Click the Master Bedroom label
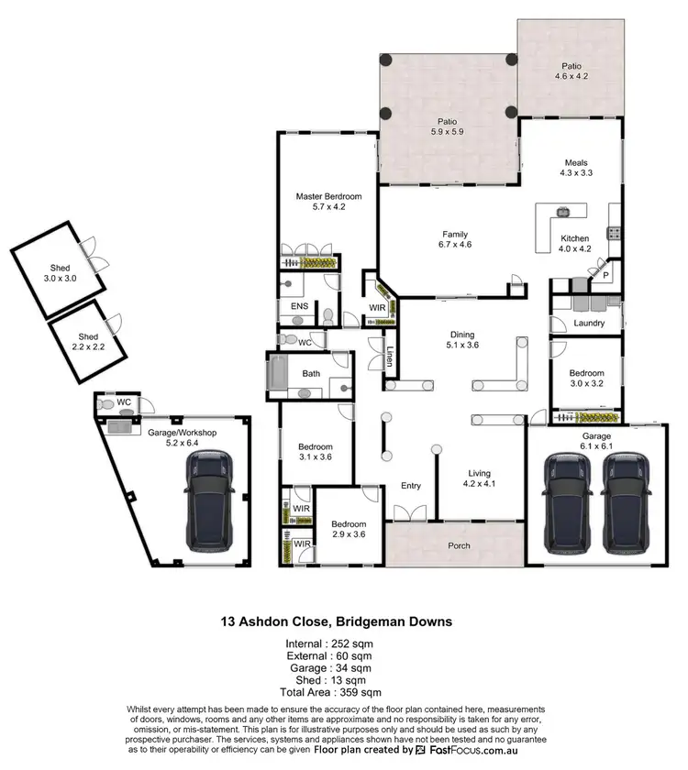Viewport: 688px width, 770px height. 328,196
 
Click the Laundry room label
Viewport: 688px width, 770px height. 587,323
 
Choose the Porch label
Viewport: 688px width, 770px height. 458,546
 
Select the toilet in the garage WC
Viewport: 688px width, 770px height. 107,403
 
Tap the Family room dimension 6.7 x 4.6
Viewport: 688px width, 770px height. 454,245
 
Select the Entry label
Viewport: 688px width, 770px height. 410,487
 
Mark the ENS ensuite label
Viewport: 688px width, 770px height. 299,305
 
